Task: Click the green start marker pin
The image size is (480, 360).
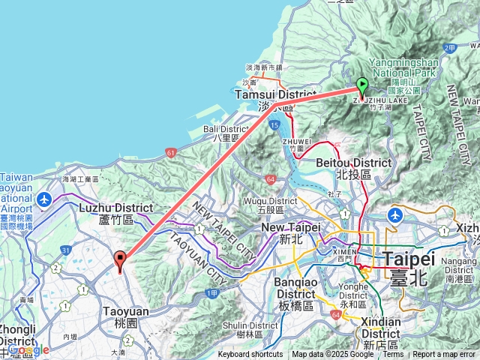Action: [362, 87]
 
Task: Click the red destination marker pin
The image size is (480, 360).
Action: [120, 260]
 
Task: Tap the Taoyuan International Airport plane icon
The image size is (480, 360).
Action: [44, 199]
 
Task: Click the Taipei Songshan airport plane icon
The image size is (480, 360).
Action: [393, 215]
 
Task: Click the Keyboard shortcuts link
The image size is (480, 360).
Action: [250, 355]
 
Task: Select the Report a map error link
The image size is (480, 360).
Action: [444, 355]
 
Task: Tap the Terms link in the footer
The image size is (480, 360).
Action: [393, 355]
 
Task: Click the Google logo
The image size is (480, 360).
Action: [28, 350]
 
